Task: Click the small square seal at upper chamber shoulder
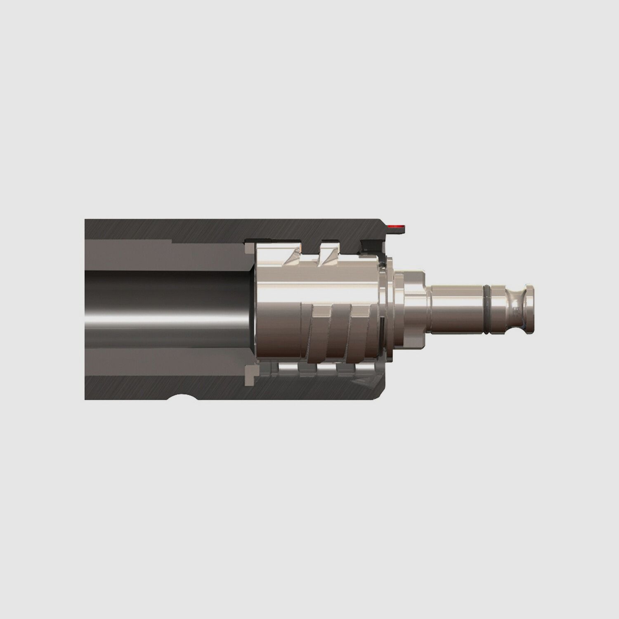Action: click(x=250, y=248)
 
